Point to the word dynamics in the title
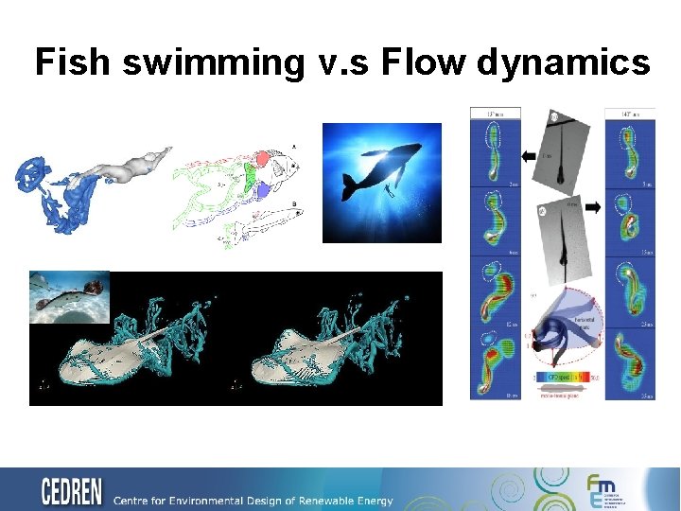564,62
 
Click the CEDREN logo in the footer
72,491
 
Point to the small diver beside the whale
389,190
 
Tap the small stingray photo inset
69,297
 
